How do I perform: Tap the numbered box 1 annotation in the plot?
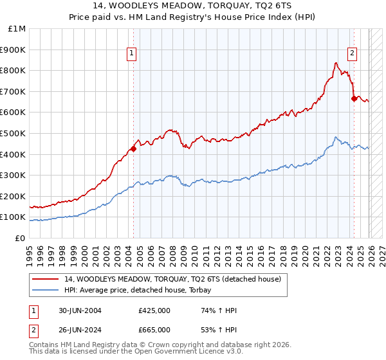[131, 53]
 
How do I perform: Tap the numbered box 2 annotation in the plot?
[353, 53]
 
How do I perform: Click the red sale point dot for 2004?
[133, 148]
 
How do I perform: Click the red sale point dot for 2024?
[354, 98]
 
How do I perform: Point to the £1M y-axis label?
[17, 29]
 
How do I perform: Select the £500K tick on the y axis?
[14, 133]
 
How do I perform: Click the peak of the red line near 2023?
[336, 62]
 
